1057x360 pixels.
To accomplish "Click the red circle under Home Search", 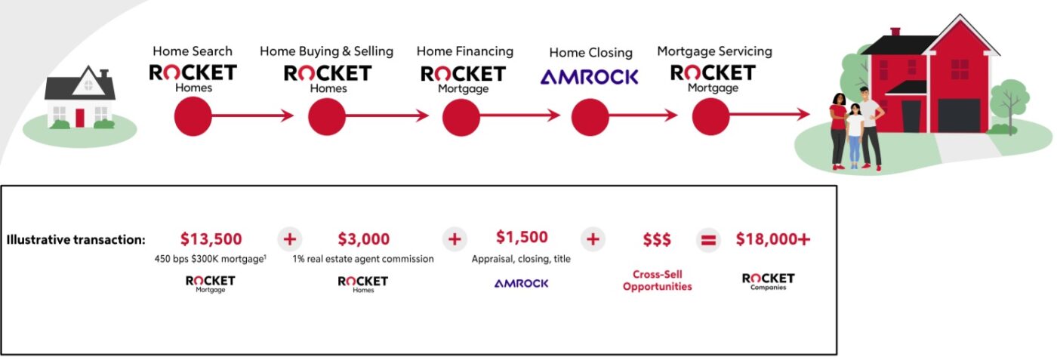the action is point(193,116).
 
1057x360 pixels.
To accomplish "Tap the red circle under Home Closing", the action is point(590,116).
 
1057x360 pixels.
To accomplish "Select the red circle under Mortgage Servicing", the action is point(711,116).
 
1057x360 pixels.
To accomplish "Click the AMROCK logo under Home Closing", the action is point(590,76).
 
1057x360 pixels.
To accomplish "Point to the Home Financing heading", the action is point(464,51).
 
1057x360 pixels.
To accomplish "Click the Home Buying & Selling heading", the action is point(326,51).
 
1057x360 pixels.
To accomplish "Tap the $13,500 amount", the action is point(211,239).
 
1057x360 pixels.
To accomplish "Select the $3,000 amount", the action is point(364,239).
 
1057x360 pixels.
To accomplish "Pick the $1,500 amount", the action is point(522,237).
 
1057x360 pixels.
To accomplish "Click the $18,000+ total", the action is point(773,239).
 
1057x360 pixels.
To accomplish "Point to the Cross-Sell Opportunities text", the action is point(657,281).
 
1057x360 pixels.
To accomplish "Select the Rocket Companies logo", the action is point(769,282).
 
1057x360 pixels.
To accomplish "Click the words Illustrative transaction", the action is point(75,240).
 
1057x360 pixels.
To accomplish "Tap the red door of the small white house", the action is point(80,118).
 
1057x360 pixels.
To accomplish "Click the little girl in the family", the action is point(854,136).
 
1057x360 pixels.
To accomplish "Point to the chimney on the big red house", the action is point(895,32).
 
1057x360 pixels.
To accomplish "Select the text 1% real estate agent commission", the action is point(363,259).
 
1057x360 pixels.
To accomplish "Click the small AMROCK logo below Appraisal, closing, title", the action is point(521,283).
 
